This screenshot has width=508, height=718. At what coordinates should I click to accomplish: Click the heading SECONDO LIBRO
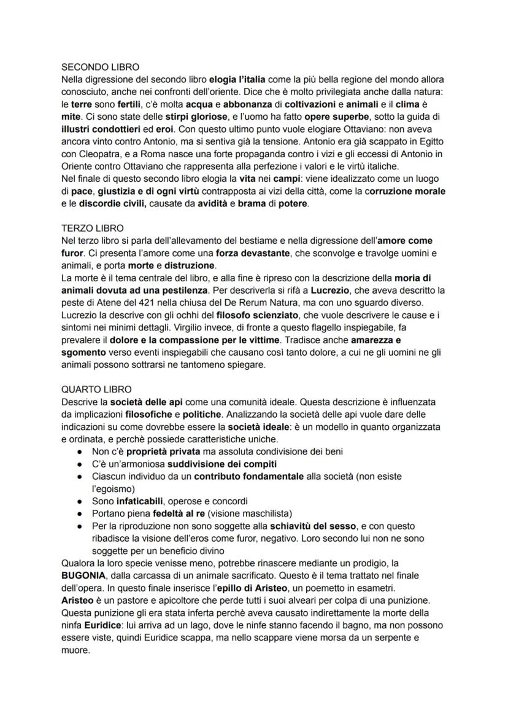click(x=101, y=67)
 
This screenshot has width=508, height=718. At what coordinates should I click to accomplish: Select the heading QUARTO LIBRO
click(x=96, y=389)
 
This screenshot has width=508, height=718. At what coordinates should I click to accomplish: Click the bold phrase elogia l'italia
click(x=238, y=80)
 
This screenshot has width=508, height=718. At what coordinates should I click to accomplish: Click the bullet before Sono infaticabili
click(x=80, y=501)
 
